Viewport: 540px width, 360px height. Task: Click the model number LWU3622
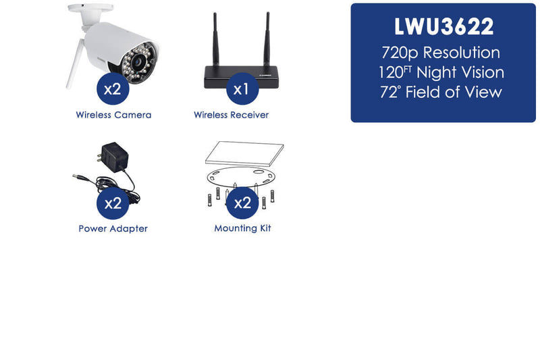click(x=443, y=26)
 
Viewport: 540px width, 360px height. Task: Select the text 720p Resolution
click(x=441, y=53)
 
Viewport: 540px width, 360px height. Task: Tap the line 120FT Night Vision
click(x=441, y=72)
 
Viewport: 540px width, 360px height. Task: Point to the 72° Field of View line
click(x=441, y=92)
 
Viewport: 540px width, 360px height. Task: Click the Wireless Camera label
click(x=113, y=115)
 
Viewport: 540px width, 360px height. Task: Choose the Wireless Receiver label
click(x=231, y=115)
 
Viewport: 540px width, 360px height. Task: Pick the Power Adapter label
click(x=113, y=229)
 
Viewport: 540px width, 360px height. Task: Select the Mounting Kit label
click(x=242, y=228)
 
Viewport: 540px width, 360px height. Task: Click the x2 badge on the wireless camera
click(x=113, y=89)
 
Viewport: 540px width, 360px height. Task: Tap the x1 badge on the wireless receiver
click(x=242, y=89)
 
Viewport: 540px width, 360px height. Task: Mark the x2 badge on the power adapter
click(x=113, y=203)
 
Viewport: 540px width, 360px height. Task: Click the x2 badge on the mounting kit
click(x=242, y=203)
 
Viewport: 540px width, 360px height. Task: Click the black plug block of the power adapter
click(x=114, y=157)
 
